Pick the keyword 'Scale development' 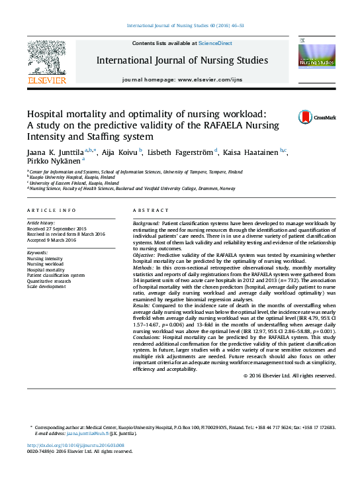click(x=46, y=287)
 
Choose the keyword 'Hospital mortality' click(x=46, y=270)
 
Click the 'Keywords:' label click(x=37, y=253)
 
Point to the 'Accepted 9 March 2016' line click(x=52, y=240)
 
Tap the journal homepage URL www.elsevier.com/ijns click(x=219, y=79)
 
